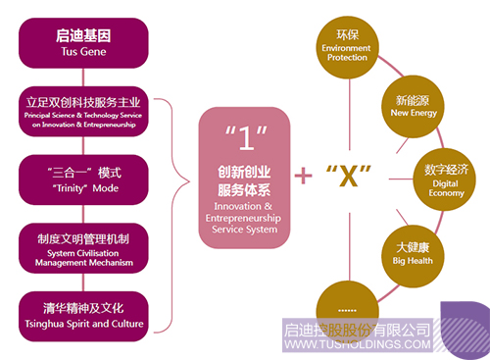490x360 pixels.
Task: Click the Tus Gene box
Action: coord(83,43)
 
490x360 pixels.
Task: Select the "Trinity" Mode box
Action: coord(83,180)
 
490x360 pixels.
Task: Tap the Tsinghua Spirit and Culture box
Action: coord(83,317)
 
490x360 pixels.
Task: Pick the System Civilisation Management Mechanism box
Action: coord(83,248)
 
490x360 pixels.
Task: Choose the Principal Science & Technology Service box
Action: coord(83,112)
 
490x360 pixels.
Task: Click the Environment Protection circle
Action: coord(348,47)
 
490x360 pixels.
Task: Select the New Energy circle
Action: coord(413,107)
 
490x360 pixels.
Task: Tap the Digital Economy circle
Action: coord(445,180)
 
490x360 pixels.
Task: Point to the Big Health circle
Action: coord(413,256)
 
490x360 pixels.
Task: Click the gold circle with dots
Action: coord(348,311)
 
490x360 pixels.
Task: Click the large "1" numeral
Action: coord(246,138)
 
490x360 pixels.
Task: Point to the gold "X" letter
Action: coord(349,176)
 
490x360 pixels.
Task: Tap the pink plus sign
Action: coord(303,176)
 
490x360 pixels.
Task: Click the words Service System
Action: coord(245,230)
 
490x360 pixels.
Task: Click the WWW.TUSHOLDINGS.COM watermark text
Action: coord(358,344)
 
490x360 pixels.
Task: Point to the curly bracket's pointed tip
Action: coord(189,181)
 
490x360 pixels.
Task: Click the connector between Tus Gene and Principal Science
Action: coord(83,77)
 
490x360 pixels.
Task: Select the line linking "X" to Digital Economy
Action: coord(401,179)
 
